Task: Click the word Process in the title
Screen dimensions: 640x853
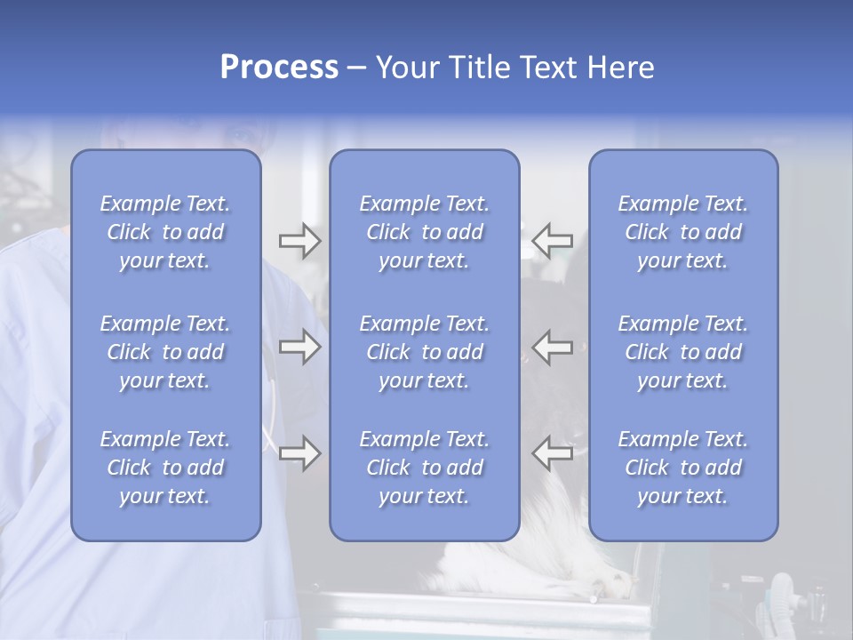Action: pyautogui.click(x=279, y=68)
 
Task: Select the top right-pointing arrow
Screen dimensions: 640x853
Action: pyautogui.click(x=299, y=240)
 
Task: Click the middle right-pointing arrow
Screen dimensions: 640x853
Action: pyautogui.click(x=299, y=347)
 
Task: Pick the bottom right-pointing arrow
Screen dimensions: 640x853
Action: pyautogui.click(x=299, y=453)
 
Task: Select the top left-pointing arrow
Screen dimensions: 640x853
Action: pyautogui.click(x=553, y=240)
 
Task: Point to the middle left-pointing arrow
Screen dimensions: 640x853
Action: pyautogui.click(x=553, y=347)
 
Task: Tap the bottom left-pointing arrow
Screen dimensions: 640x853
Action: pyautogui.click(x=553, y=453)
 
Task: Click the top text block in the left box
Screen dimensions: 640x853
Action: pyautogui.click(x=165, y=232)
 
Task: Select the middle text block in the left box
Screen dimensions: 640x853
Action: pyautogui.click(x=165, y=352)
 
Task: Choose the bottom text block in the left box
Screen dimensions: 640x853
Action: pyautogui.click(x=165, y=468)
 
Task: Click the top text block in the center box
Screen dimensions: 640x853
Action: pyautogui.click(x=425, y=232)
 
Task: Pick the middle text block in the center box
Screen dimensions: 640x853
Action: pyautogui.click(x=425, y=352)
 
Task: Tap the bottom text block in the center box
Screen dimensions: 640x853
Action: pyautogui.click(x=425, y=468)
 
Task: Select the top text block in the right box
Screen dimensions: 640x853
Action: pyautogui.click(x=683, y=232)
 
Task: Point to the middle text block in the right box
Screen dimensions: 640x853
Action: pyautogui.click(x=683, y=352)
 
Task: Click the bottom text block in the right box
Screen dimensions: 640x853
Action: pyautogui.click(x=683, y=468)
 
